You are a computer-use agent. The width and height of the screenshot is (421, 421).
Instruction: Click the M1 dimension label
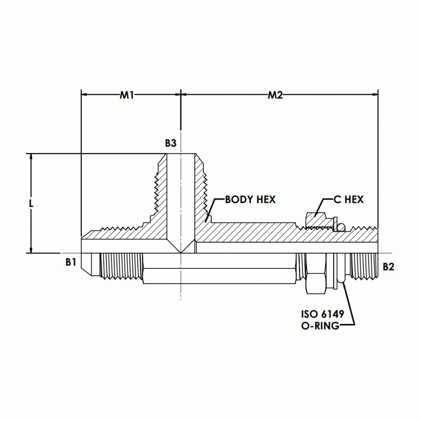click(x=127, y=95)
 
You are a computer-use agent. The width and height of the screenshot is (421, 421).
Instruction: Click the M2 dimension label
click(x=275, y=95)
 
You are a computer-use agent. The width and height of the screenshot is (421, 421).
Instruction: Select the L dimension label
click(x=31, y=204)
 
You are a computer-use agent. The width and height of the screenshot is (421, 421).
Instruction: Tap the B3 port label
click(x=171, y=143)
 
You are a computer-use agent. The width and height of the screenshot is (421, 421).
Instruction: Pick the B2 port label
click(x=389, y=267)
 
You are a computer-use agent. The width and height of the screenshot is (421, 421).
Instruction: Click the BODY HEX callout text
click(x=250, y=200)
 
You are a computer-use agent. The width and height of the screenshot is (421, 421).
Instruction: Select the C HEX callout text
click(x=348, y=200)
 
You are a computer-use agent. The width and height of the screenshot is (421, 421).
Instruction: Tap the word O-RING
click(x=320, y=326)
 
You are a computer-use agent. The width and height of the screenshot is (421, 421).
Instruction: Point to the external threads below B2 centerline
click(x=363, y=267)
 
